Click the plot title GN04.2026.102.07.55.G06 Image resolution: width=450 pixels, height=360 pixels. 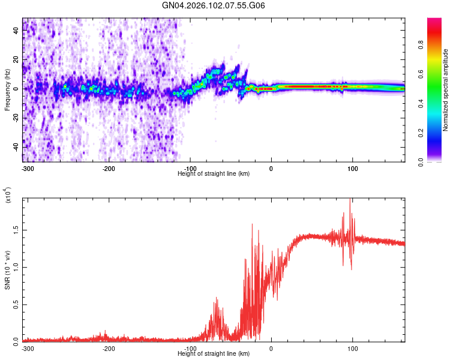coord(214,5)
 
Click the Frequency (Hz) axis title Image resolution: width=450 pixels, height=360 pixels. coord(8,90)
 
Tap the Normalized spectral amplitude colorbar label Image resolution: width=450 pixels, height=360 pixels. coord(446,90)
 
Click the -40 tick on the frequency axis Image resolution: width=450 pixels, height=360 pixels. coord(16,147)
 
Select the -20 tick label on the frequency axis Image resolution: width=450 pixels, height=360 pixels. coord(16,118)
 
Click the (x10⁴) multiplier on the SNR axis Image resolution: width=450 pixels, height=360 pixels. coord(8,195)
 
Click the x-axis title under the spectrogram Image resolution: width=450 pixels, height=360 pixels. coord(214,174)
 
